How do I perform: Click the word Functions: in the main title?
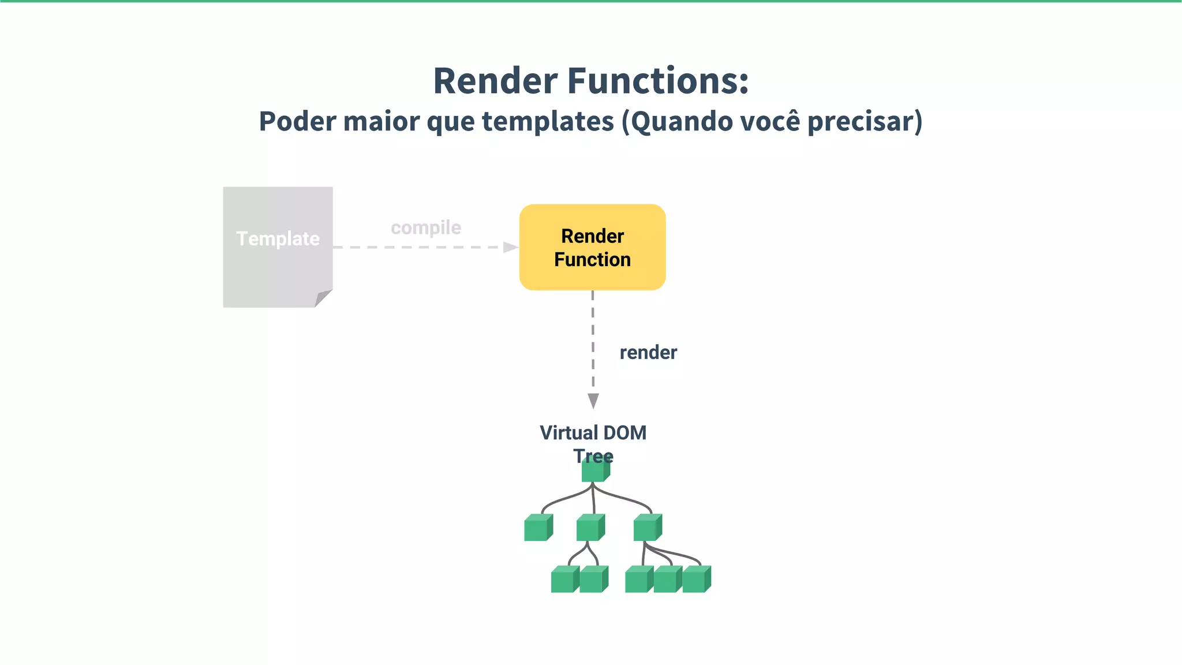point(658,81)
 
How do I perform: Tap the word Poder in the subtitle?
point(297,122)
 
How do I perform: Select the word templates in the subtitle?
point(548,122)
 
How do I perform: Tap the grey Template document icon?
point(278,246)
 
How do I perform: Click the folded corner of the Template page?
point(323,298)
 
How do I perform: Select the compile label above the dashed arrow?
point(426,228)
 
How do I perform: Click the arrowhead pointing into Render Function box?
point(511,247)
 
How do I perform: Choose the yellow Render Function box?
point(592,247)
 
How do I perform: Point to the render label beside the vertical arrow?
point(648,353)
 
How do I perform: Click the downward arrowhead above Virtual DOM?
point(593,401)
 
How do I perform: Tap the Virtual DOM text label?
point(593,433)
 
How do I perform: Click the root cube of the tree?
point(594,471)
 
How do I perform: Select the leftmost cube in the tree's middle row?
point(538,528)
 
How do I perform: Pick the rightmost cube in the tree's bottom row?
point(696,579)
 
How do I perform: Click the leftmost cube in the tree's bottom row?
point(564,579)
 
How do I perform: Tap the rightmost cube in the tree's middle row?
point(647,528)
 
